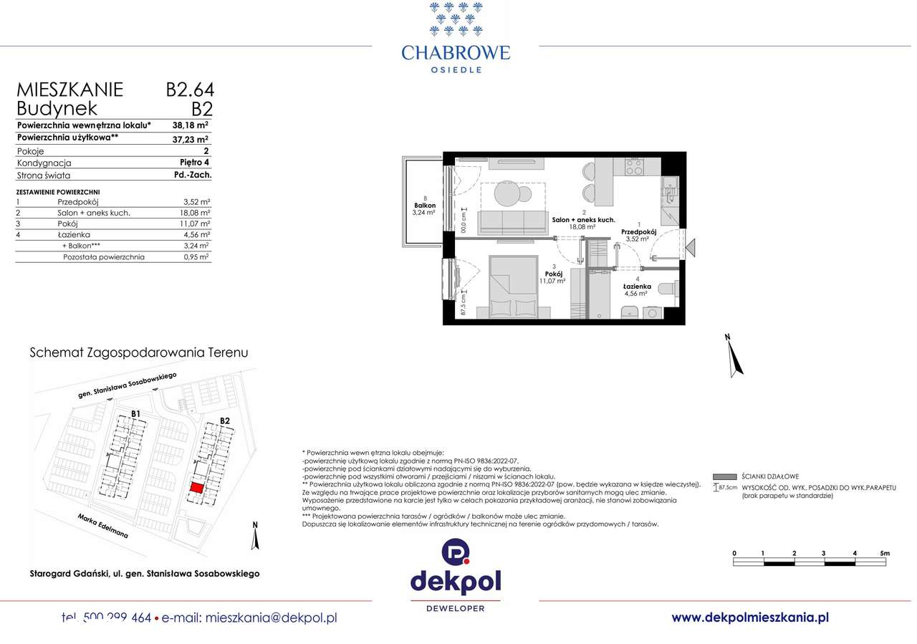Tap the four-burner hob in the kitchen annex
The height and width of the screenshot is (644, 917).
click(633, 167)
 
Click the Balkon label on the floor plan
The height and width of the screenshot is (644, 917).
click(426, 206)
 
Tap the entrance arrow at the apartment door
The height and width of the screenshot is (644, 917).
click(691, 249)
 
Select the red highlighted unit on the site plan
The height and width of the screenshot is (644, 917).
click(196, 487)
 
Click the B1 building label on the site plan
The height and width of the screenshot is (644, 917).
click(135, 413)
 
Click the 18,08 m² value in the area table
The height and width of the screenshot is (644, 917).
click(196, 213)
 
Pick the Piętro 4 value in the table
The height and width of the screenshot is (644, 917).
click(194, 163)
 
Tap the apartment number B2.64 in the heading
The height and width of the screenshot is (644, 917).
click(190, 90)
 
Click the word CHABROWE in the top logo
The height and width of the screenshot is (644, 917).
click(456, 52)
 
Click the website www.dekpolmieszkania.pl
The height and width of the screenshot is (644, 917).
click(750, 617)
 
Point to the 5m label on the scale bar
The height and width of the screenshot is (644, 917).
click(885, 553)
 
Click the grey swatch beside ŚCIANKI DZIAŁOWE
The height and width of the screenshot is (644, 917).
click(725, 476)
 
